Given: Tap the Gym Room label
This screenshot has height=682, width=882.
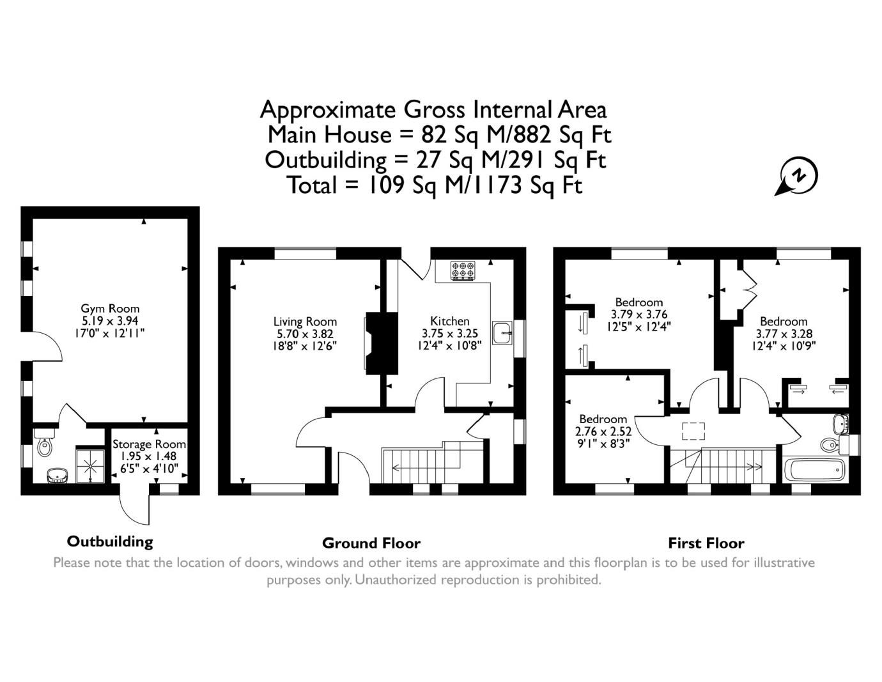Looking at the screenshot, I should tap(109, 309).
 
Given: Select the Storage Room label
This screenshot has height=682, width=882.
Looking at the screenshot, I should tap(149, 444).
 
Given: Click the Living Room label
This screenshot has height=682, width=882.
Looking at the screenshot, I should tap(305, 322).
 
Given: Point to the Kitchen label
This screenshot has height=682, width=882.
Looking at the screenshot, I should tap(449, 321).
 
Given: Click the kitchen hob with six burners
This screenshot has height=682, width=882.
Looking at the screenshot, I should tap(460, 271).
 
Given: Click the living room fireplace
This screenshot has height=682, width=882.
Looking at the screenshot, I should tap(380, 342).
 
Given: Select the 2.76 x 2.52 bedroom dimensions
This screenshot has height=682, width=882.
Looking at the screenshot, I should tap(603, 431).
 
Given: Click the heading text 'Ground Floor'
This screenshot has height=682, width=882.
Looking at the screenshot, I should tap(371, 543).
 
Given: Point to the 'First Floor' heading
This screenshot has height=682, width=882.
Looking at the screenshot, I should tap(706, 543).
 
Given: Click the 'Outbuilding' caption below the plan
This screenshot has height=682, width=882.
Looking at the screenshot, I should tap(110, 541).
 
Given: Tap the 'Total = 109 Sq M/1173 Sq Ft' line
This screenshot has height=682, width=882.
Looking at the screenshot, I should tap(435, 185).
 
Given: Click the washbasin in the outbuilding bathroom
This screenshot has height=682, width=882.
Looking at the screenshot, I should tap(58, 474).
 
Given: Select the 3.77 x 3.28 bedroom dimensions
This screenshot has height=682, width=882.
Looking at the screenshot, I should tap(784, 334).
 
